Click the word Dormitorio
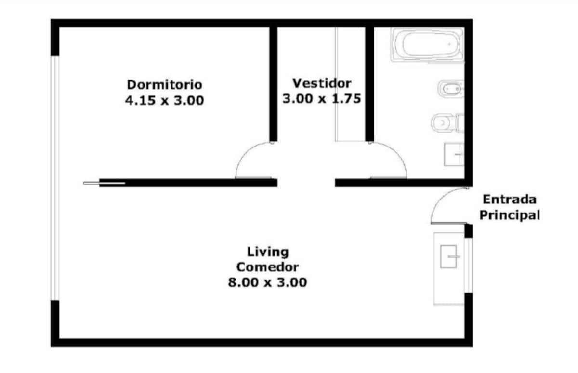pos(164,85)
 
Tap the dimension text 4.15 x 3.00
pos(164,100)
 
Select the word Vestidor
pos(322,83)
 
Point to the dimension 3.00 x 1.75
pos(322,99)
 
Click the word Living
pos(268,252)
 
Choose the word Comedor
pos(268,267)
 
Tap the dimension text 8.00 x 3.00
pos(268,282)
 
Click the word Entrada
pos(510,200)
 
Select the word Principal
pos(510,215)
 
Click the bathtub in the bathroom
pos(427,45)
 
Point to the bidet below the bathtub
pos(451,89)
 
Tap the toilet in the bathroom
pos(447,123)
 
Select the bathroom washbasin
pos(454,154)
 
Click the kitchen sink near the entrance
pos(448,256)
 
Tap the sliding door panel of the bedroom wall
pos(104,183)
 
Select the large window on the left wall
pos(55,178)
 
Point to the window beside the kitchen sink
pos(469,266)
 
